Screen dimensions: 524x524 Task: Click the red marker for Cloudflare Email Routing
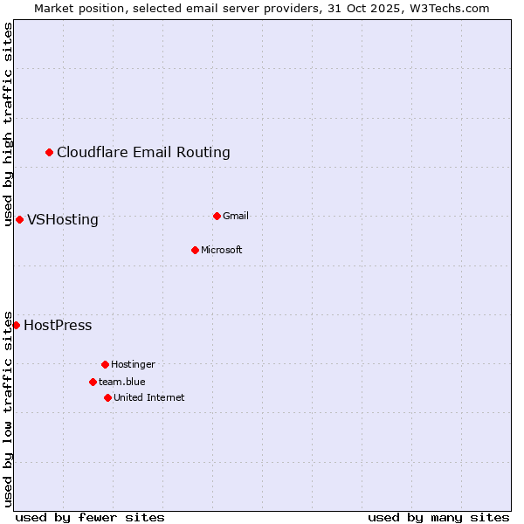[50, 153]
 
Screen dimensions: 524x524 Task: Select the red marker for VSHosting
[19, 219]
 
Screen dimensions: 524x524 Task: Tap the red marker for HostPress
[16, 326]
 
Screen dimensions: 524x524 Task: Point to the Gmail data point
[217, 216]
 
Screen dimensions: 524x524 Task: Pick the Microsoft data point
[195, 250]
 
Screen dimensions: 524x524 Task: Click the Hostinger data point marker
[105, 364]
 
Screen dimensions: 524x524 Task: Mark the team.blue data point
[93, 382]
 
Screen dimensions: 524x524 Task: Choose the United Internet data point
[107, 397]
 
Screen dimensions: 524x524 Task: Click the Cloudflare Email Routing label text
[143, 153]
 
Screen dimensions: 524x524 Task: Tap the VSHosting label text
[63, 220]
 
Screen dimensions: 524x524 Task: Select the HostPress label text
[58, 326]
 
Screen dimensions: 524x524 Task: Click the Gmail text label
[236, 216]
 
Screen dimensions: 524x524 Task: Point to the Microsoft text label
[222, 250]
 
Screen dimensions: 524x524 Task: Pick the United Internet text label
[149, 397]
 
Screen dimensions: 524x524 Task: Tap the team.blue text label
[122, 382]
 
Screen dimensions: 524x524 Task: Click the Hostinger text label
[133, 364]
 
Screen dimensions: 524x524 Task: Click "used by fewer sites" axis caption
[90, 517]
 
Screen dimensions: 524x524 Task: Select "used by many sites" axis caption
[438, 517]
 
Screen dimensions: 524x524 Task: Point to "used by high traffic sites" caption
[8, 124]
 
